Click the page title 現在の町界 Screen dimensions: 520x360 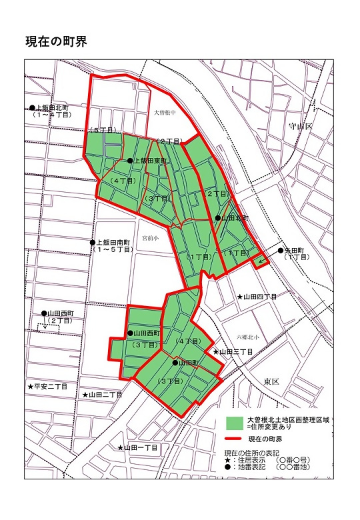[x=55, y=41]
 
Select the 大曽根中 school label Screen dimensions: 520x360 [x=163, y=113]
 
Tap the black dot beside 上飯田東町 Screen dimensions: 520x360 [x=130, y=161]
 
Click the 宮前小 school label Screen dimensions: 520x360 [x=141, y=237]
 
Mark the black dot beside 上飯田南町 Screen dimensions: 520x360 [x=93, y=242]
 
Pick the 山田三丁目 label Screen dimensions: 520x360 [x=237, y=351]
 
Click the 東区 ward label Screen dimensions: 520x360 [x=271, y=381]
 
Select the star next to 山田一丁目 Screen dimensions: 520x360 [x=121, y=448]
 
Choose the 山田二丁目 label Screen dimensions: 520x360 [x=106, y=395]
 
